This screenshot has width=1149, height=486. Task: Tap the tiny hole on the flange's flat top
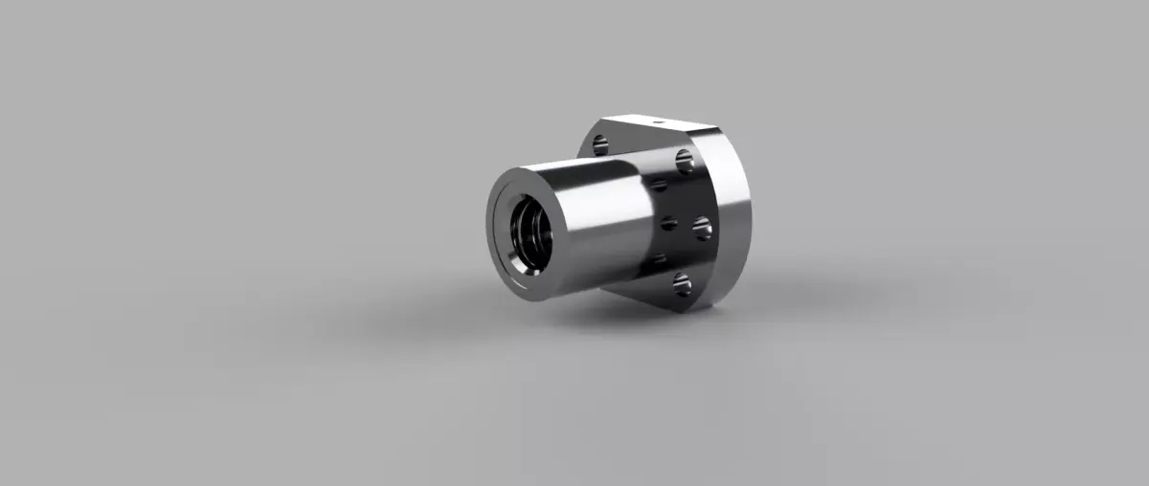(658, 122)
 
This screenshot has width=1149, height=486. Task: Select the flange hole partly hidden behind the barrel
(600, 145)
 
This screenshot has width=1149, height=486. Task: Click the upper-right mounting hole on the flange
(685, 161)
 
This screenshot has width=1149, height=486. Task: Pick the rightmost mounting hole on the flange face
(702, 228)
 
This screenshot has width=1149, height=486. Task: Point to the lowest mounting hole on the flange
(682, 283)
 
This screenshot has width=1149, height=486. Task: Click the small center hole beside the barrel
(669, 224)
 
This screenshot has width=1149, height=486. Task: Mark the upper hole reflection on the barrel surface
(658, 184)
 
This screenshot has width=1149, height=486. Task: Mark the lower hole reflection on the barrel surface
(658, 259)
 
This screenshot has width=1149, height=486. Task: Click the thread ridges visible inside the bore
(529, 239)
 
